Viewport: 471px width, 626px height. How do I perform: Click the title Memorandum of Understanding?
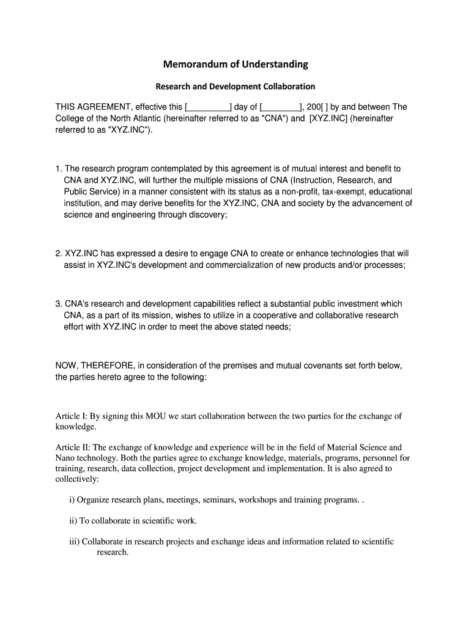(x=236, y=64)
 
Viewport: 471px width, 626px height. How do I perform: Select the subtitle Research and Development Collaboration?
(x=236, y=86)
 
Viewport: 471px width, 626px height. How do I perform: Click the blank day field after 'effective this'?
(x=207, y=107)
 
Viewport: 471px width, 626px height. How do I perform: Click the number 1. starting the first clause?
(x=59, y=168)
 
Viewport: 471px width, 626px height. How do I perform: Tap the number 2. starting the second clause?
(x=59, y=253)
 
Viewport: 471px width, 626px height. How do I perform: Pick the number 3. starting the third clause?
(x=59, y=304)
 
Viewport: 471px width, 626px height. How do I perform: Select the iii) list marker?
(x=73, y=542)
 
